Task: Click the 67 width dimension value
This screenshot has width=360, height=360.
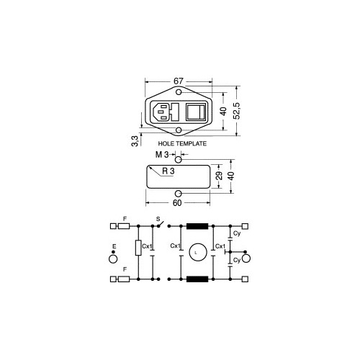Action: point(178,81)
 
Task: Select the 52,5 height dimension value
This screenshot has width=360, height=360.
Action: point(237,111)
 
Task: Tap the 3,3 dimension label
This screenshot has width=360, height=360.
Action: point(135,141)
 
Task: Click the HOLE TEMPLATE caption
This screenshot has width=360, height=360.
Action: point(182,143)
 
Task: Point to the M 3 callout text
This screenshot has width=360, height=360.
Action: point(162,155)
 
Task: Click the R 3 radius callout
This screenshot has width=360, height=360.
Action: point(168,171)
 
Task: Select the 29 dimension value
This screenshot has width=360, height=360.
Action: point(219,176)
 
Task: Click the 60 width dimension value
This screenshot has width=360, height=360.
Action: point(177,203)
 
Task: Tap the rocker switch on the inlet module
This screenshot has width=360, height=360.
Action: point(196,112)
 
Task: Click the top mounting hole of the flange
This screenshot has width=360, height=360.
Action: point(179,92)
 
